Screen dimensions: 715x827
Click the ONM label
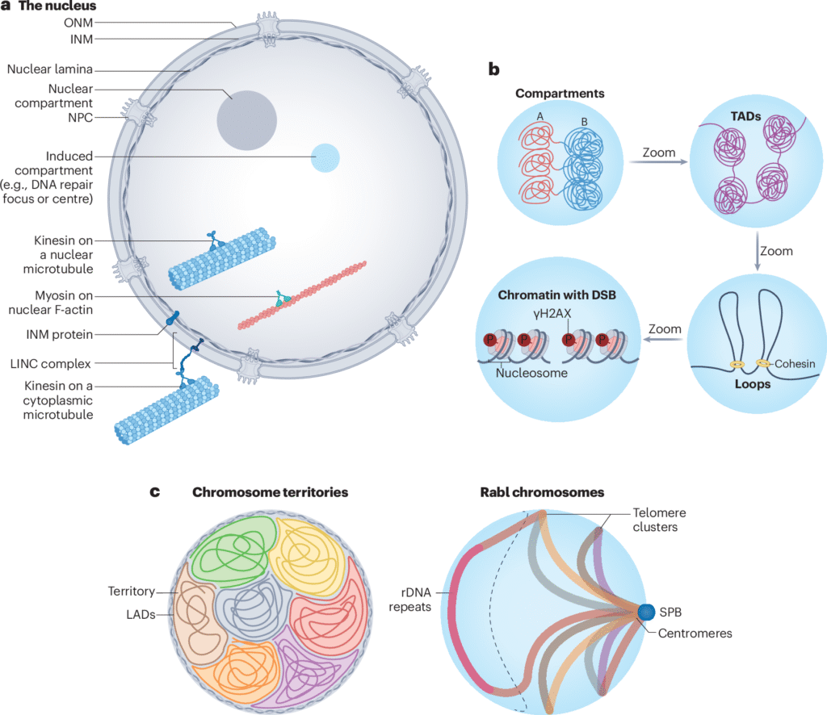[x=78, y=23]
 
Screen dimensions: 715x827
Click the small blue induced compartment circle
[x=325, y=157]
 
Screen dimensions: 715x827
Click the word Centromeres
[x=696, y=633]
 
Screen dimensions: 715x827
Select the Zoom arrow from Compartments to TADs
[x=658, y=161]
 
